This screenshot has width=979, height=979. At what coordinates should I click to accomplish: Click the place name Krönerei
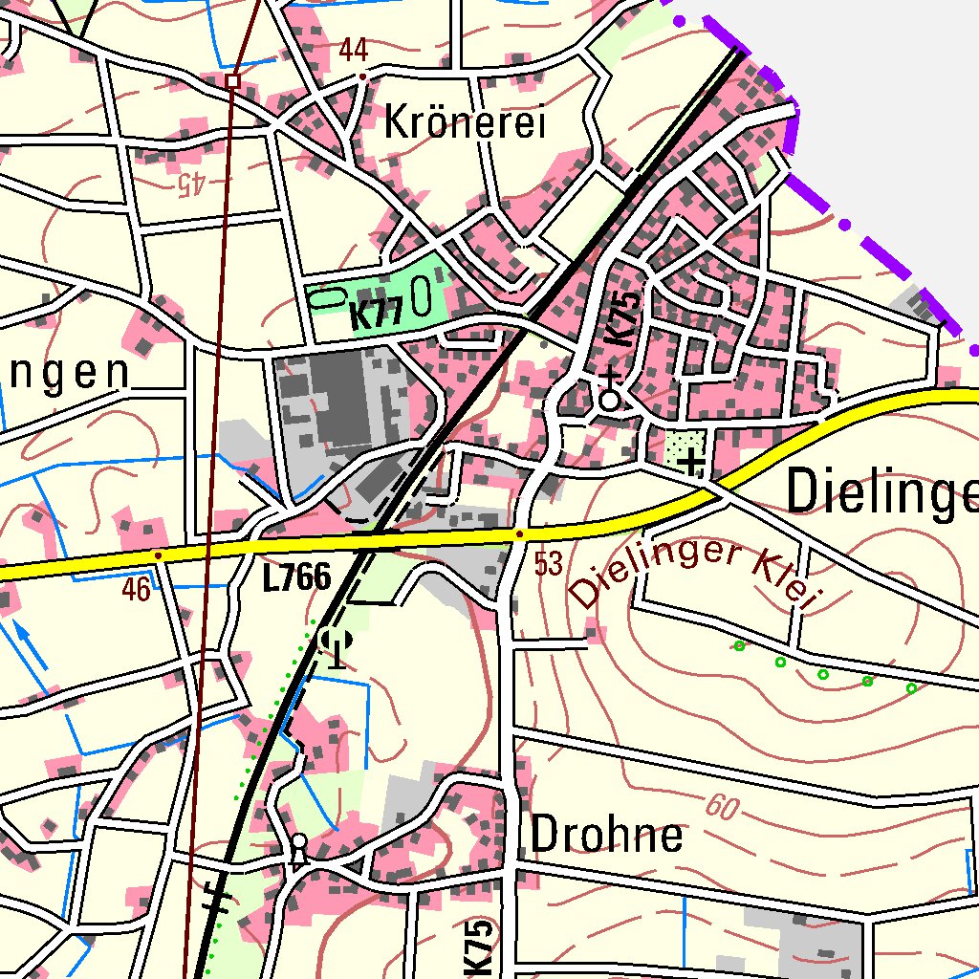[x=464, y=123]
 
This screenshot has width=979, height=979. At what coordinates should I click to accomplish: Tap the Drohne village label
[x=606, y=835]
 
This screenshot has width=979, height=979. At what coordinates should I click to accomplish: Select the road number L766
[x=296, y=577]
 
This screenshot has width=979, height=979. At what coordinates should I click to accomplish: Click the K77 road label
[x=375, y=315]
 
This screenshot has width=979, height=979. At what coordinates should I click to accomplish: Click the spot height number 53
[x=548, y=565]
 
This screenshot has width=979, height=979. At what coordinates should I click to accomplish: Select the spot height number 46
[x=136, y=590]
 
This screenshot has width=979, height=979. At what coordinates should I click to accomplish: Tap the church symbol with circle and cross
[x=610, y=395]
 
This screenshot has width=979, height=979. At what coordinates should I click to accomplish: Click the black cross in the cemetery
[x=691, y=464]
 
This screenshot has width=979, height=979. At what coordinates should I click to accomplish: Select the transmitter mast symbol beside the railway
[x=335, y=644]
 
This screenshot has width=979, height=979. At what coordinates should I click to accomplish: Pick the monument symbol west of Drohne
[x=298, y=849]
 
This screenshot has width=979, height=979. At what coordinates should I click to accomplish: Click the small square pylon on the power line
[x=232, y=81]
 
